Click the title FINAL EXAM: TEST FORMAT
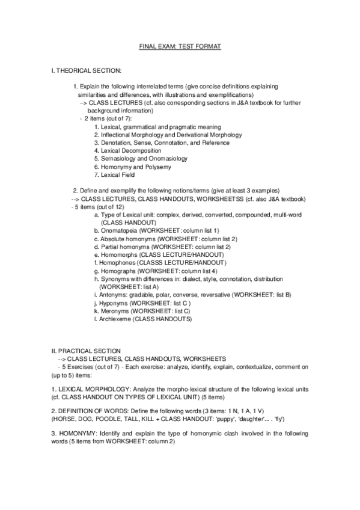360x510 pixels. (180, 46)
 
